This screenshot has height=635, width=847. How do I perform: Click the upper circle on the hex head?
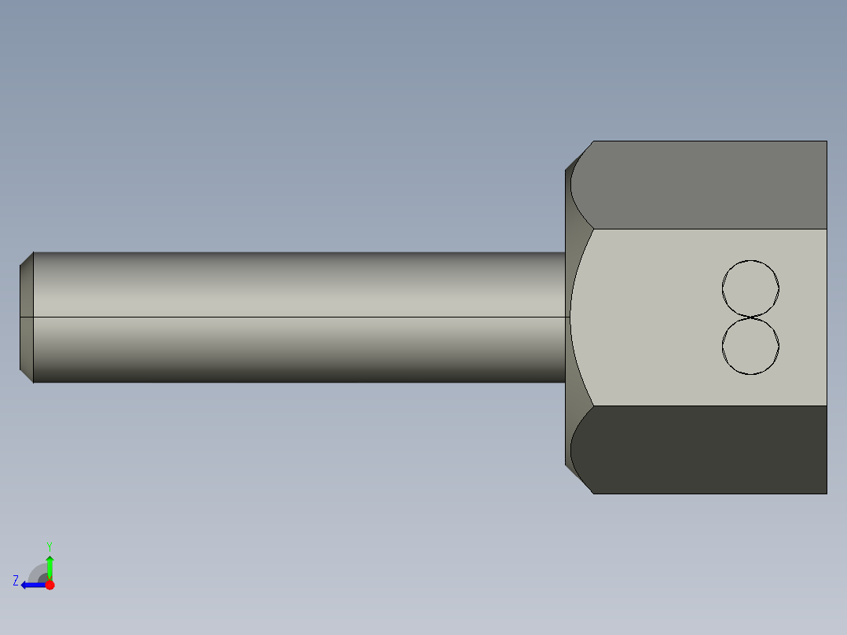(x=750, y=288)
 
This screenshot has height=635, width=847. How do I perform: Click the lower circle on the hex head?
(x=750, y=346)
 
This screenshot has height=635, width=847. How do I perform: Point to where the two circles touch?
(x=750, y=317)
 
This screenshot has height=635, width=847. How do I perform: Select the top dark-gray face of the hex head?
(x=707, y=185)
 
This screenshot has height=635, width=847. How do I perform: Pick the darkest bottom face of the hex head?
(x=707, y=450)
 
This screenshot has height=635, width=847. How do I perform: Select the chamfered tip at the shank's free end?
(x=27, y=317)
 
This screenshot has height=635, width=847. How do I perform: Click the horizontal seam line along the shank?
(x=299, y=317)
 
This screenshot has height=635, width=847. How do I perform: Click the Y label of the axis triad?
(x=49, y=545)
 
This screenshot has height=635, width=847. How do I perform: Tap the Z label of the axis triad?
(x=16, y=581)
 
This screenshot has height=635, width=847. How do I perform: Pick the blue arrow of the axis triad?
(x=33, y=585)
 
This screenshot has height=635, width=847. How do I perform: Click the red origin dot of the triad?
(x=49, y=585)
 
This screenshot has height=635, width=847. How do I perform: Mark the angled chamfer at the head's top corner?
(x=578, y=156)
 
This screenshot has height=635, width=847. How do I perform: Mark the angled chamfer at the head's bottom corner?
(x=578, y=479)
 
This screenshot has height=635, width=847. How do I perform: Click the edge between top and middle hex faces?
(x=707, y=229)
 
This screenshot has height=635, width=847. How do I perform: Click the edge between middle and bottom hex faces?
(x=707, y=406)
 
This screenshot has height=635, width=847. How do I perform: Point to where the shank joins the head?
(x=566, y=317)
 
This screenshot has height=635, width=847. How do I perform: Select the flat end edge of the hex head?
(x=827, y=317)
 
